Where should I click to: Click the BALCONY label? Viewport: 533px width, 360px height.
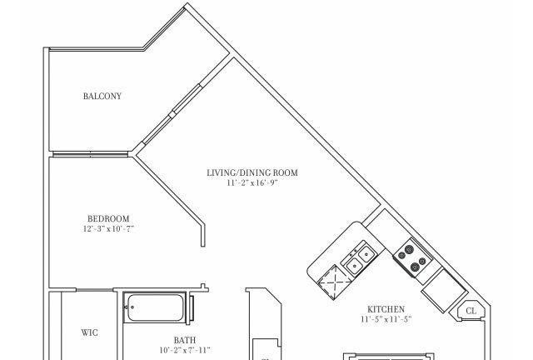[102, 96]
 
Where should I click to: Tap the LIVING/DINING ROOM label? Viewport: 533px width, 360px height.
[252, 172]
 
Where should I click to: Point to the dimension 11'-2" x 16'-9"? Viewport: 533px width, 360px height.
[252, 183]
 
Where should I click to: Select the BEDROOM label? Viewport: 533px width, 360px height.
[108, 218]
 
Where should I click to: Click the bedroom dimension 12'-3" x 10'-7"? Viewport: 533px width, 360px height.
[108, 228]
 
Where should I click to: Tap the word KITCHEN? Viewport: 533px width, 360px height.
[386, 309]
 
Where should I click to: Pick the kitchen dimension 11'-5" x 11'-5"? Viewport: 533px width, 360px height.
[386, 319]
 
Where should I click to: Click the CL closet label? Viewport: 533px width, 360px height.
[471, 311]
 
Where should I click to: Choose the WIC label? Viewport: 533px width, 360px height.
[90, 332]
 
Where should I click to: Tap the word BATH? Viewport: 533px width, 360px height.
[185, 340]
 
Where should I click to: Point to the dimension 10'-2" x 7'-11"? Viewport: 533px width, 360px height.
[185, 350]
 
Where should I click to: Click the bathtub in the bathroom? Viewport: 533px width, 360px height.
[156, 307]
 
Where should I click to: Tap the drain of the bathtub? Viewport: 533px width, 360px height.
[132, 307]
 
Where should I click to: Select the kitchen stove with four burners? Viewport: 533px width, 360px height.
[413, 257]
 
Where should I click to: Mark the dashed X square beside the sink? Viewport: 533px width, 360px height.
[334, 282]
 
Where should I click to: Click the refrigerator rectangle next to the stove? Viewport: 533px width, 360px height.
[444, 290]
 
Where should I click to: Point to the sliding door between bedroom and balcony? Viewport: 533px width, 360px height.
[90, 155]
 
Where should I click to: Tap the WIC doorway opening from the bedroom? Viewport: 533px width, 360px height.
[94, 290]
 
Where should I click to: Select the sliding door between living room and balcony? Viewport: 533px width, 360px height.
[172, 114]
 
